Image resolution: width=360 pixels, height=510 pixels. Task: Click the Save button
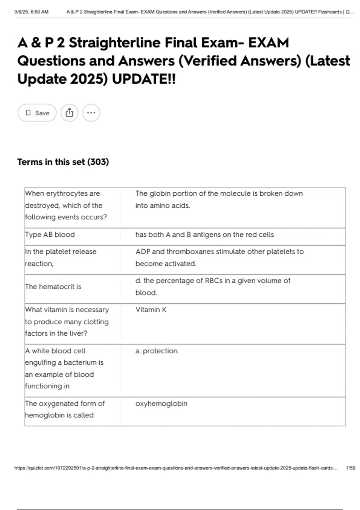(37, 113)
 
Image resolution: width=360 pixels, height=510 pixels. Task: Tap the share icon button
(69, 113)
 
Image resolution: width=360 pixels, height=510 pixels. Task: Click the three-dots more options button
(91, 113)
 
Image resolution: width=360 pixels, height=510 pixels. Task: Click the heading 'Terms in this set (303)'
(63, 162)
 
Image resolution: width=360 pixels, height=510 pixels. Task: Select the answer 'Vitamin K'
(151, 310)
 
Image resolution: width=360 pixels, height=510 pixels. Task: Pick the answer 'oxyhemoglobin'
(161, 403)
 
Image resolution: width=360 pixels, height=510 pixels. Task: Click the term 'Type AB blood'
(50, 235)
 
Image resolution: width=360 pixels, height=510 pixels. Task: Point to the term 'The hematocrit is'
(53, 287)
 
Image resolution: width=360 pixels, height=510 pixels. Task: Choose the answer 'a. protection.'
(157, 351)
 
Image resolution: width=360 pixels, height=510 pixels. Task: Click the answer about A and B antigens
(205, 235)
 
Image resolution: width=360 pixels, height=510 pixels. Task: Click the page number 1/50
(350, 468)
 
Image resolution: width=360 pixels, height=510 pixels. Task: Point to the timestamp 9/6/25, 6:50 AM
(31, 12)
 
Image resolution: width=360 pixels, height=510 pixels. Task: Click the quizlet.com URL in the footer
(176, 468)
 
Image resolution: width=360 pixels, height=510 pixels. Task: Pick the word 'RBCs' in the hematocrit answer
(214, 281)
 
